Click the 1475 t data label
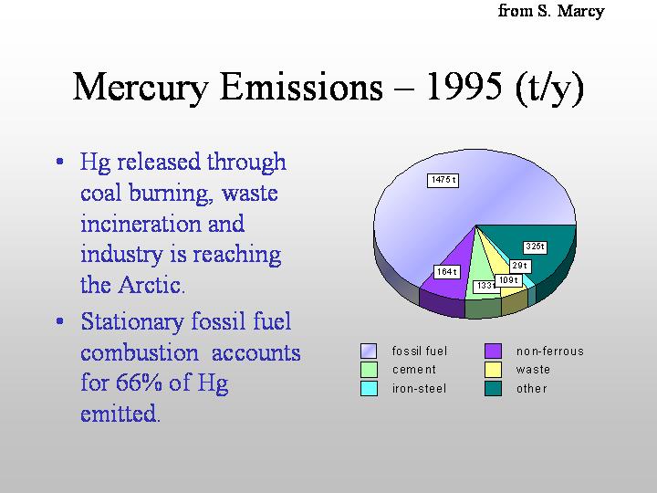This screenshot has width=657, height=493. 443,180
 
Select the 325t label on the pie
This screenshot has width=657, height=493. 535,246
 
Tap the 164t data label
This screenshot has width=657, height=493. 446,272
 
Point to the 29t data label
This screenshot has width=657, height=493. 520,266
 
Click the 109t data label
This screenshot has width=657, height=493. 508,280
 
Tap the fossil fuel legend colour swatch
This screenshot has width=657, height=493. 369,351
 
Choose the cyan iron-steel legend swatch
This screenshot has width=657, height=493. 369,388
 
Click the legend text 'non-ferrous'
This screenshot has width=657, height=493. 549,351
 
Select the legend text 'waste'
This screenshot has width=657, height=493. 533,370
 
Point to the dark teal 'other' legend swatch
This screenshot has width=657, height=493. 493,388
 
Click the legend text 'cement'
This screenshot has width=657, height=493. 414,370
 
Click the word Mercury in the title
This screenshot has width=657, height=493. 141,89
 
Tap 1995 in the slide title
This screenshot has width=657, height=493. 464,87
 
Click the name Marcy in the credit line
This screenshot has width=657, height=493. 580,12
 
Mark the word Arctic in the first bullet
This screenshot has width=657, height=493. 151,285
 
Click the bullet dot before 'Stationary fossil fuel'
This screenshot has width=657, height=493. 60,321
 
